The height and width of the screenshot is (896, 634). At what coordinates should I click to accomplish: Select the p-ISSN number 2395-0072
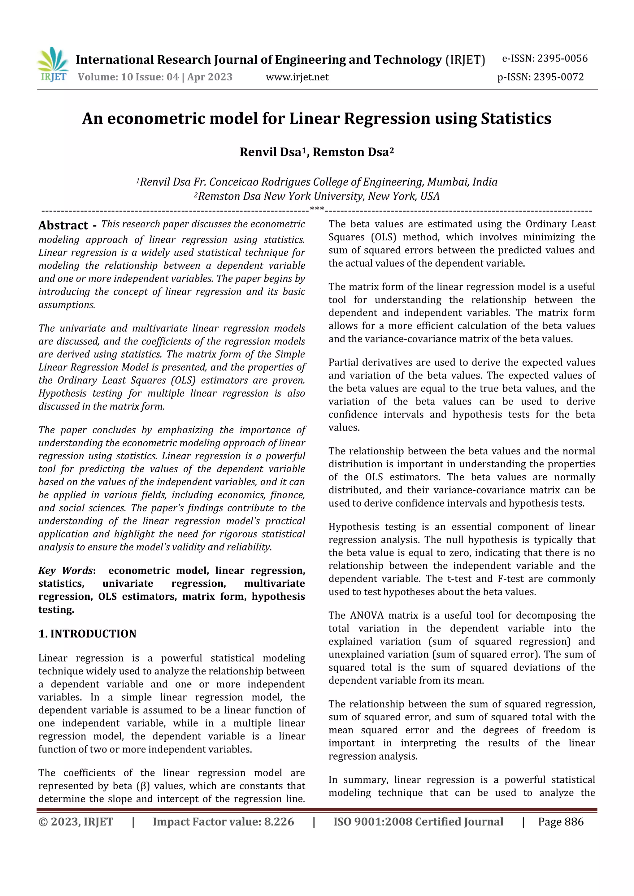click(x=558, y=77)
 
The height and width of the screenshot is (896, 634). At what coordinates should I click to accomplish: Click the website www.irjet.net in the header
click(x=297, y=77)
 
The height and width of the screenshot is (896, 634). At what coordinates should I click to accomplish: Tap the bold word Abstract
click(x=63, y=225)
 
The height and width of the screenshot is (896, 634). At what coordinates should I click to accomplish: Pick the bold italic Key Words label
click(x=66, y=571)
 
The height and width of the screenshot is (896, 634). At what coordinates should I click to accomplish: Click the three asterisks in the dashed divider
click(x=317, y=209)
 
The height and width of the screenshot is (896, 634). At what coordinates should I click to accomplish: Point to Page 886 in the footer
click(x=561, y=822)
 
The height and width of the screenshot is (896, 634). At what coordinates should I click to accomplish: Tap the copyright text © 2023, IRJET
click(x=76, y=822)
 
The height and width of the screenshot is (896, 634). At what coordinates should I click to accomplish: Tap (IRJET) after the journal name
click(x=465, y=60)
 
